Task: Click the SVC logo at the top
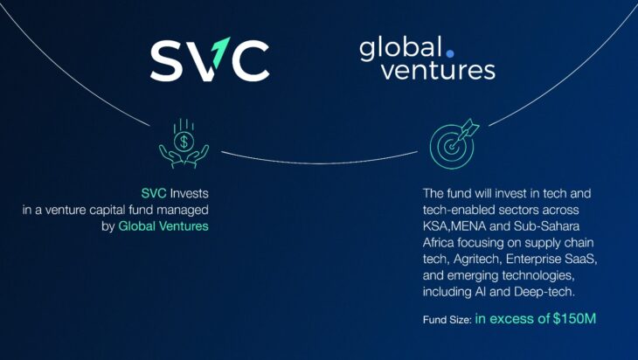(x=210, y=59)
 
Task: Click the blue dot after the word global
(x=449, y=53)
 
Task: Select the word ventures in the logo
(x=438, y=71)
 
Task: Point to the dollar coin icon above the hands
(x=184, y=142)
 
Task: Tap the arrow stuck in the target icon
(x=467, y=131)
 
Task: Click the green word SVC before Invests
(x=154, y=193)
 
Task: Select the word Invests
(x=189, y=193)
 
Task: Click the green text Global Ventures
(x=163, y=226)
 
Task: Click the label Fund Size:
(x=447, y=320)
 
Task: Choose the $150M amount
(x=574, y=319)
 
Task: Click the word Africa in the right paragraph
(x=438, y=243)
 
